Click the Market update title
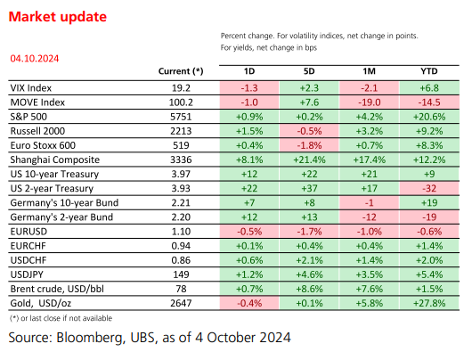[x=58, y=17]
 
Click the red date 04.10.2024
[x=35, y=59]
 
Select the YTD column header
[x=429, y=71]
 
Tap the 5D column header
[x=309, y=71]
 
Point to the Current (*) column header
[x=181, y=71]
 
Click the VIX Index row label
[x=31, y=88]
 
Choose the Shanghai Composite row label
[x=55, y=160]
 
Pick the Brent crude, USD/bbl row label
[x=57, y=289]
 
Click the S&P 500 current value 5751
[x=181, y=117]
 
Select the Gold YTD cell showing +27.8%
[x=429, y=303]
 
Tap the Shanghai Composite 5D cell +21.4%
[x=309, y=160]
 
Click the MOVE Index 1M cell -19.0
[x=370, y=102]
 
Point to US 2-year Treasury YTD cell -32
[x=429, y=189]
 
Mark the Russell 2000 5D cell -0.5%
[x=309, y=131]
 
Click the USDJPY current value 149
[x=181, y=274]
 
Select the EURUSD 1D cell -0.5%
[x=249, y=232]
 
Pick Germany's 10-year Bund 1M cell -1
[x=370, y=203]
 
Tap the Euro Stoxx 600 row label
[x=43, y=145]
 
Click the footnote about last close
[x=61, y=318]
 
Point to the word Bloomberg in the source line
[x=91, y=338]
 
